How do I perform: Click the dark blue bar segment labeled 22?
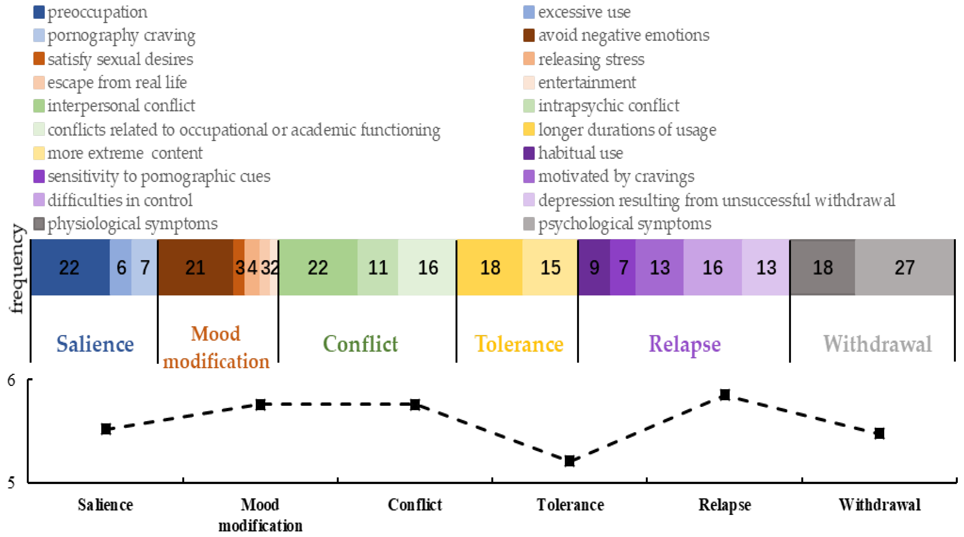[x=70, y=268]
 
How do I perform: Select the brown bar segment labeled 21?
[x=195, y=268]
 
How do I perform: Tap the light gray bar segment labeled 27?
[x=905, y=268]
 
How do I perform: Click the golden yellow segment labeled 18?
[x=490, y=268]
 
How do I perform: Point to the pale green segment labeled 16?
[x=427, y=268]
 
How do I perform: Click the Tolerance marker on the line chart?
[x=570, y=461]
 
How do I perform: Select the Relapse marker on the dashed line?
[x=725, y=395]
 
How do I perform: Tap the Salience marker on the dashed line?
[x=106, y=429]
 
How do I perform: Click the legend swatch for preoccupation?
[x=39, y=12]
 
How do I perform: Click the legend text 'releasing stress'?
[x=591, y=59]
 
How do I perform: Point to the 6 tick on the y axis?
[x=12, y=380]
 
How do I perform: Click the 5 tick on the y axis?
[x=12, y=482]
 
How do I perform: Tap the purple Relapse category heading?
[x=685, y=344]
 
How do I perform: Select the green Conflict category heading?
[x=360, y=344]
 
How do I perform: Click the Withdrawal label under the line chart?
[x=879, y=505]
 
